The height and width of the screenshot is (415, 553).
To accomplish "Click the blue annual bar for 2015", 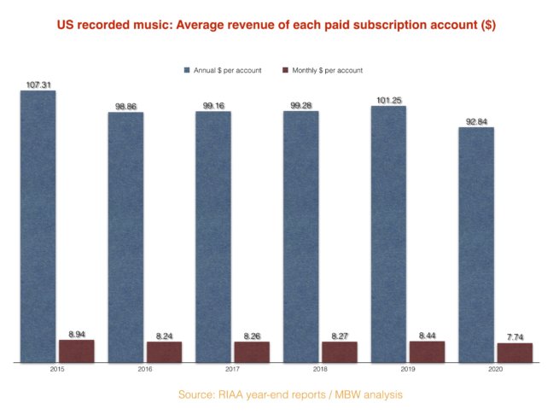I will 38,226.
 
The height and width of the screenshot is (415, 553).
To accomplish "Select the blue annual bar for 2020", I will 476,245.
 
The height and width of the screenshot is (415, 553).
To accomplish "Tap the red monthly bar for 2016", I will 164,352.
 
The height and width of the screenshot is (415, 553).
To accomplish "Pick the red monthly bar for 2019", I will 428,352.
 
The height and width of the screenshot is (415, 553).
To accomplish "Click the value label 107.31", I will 38,85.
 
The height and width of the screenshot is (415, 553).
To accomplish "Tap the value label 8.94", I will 77,334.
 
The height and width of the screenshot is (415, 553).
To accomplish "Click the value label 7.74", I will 515,337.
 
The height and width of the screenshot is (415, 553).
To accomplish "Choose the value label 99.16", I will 212,105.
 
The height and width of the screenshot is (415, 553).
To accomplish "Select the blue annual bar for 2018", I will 300,237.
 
